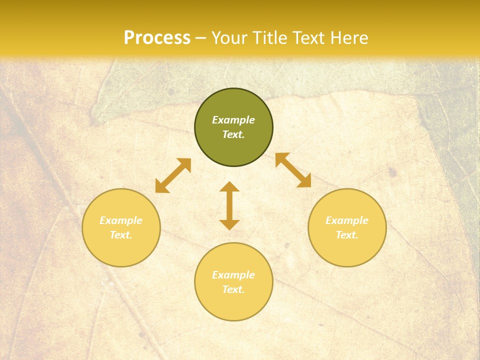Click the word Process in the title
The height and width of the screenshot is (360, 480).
click(x=157, y=38)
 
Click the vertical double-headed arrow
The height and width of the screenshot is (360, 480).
click(x=229, y=205)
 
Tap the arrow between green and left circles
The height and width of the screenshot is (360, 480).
click(x=173, y=175)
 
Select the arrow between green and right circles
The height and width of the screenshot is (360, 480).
click(x=293, y=170)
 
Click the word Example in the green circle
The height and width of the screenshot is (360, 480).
click(x=233, y=120)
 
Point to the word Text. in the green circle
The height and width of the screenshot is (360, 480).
click(x=233, y=134)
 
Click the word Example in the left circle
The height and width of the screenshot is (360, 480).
click(x=121, y=220)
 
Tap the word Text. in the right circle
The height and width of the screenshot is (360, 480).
click(x=347, y=235)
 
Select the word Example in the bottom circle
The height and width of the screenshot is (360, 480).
click(x=233, y=275)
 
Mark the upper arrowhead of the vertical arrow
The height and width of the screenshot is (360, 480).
click(x=229, y=187)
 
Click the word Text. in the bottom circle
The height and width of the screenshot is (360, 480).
click(x=233, y=289)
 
